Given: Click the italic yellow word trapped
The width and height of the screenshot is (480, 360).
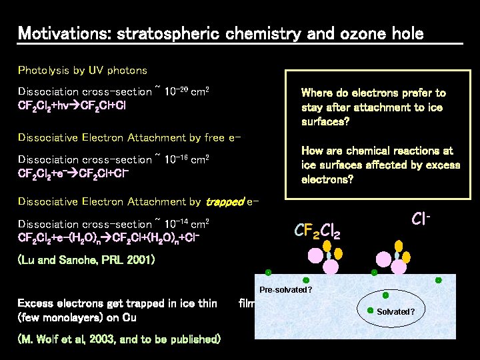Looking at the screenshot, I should [225, 201].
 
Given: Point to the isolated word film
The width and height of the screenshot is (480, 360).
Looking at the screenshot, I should [248, 304].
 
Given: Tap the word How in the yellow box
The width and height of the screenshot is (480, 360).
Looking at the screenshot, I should [313, 151].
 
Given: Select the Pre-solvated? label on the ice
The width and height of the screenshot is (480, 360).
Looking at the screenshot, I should [286, 291].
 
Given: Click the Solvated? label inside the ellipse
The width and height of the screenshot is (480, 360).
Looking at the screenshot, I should [395, 312].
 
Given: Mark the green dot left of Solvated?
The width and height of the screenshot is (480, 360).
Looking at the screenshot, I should [371, 310].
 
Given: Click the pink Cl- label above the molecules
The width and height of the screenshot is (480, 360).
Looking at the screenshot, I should [421, 219].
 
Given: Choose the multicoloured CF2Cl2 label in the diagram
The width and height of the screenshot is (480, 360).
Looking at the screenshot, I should [317, 231].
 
